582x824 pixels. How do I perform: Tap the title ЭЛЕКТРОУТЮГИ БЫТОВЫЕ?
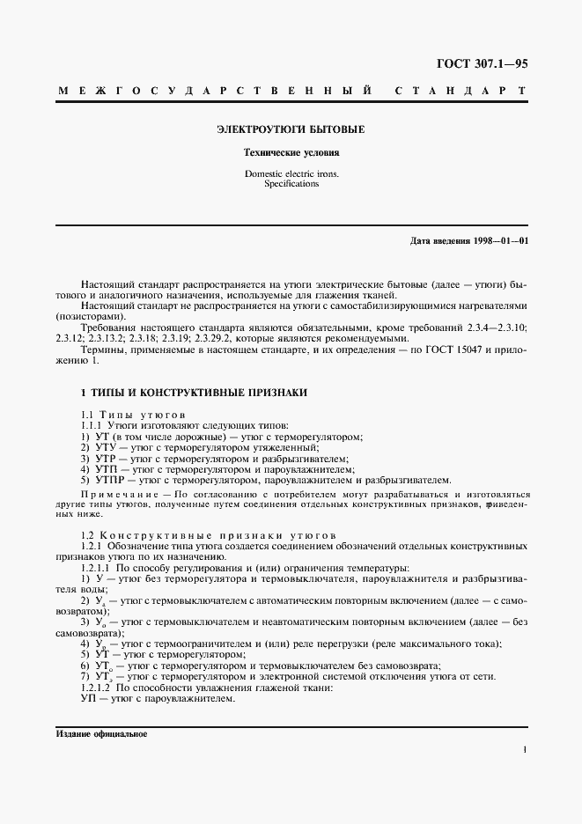(291, 129)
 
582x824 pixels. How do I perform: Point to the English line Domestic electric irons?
(291, 174)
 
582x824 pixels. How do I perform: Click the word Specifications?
(291, 184)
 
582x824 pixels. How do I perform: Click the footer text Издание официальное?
(101, 734)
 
